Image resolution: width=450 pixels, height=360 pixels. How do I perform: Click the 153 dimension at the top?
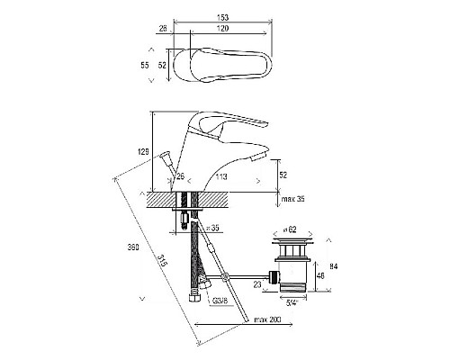(222, 17)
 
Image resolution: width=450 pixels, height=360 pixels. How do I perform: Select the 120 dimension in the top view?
(222, 29)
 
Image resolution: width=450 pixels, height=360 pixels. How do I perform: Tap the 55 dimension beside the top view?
(145, 65)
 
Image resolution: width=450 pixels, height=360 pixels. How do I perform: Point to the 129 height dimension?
(143, 152)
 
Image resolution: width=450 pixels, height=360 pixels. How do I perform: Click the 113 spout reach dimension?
(221, 176)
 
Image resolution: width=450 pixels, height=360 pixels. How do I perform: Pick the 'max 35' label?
(292, 199)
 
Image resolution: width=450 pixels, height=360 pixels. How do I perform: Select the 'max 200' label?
(267, 319)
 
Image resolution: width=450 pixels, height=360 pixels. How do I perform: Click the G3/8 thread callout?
(220, 301)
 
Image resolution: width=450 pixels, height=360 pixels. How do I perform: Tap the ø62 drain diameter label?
(290, 229)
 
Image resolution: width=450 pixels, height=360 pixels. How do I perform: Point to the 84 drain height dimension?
(333, 266)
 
